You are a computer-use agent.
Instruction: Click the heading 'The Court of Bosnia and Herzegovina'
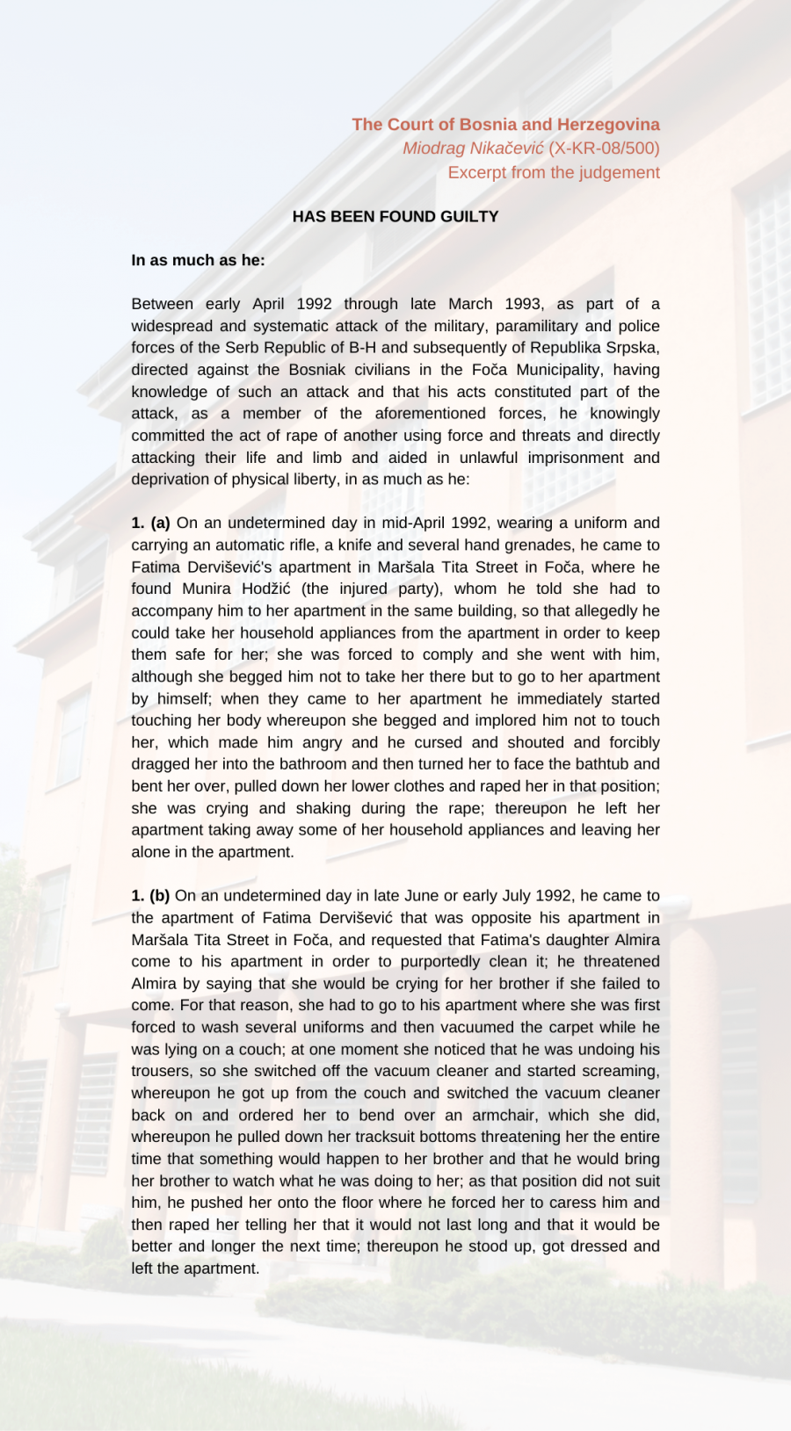(x=505, y=125)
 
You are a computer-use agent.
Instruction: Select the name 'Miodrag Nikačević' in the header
(x=473, y=148)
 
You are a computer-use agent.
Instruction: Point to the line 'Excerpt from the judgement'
(x=554, y=172)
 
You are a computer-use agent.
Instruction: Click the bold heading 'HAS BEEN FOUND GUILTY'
(x=395, y=216)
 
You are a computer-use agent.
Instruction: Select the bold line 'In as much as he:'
(x=198, y=260)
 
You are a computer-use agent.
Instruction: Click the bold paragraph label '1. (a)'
(x=150, y=523)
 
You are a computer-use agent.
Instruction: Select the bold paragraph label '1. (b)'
(x=150, y=896)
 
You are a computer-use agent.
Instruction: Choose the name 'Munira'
(x=207, y=589)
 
